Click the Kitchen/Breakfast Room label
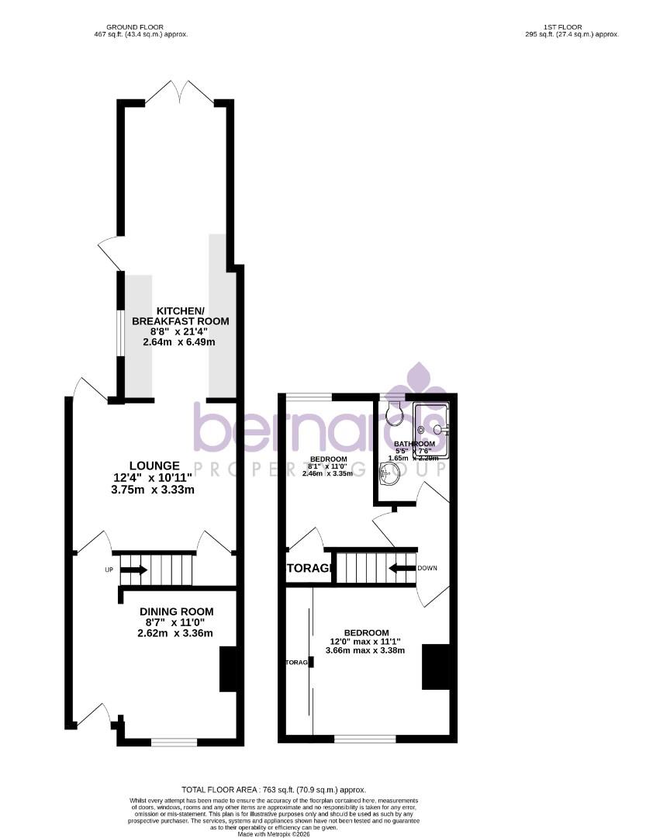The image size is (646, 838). (x=181, y=316)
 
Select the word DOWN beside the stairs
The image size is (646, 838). (x=427, y=568)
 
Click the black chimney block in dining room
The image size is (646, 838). (x=229, y=670)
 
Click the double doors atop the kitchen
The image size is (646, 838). (x=180, y=93)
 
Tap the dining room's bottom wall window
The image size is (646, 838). (x=174, y=742)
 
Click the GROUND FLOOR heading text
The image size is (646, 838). (x=136, y=27)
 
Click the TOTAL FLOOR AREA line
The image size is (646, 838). (x=273, y=790)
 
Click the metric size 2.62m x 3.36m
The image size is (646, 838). (x=170, y=633)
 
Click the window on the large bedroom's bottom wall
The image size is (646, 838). (x=364, y=739)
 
